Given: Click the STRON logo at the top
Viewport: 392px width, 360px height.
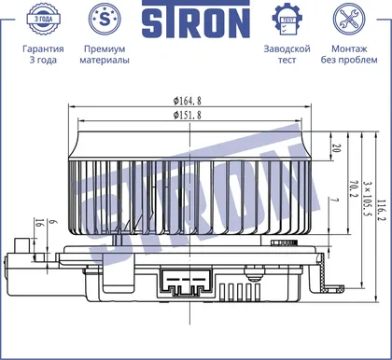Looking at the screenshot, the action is pyautogui.click(x=196, y=20).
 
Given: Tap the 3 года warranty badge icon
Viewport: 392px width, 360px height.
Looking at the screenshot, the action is pyautogui.click(x=43, y=19).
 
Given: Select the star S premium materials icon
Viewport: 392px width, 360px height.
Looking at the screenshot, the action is pyautogui.click(x=105, y=19).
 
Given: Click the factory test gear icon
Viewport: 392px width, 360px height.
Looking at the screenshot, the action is pyautogui.click(x=287, y=19).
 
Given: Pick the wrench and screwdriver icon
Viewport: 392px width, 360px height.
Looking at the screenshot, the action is pyautogui.click(x=349, y=19).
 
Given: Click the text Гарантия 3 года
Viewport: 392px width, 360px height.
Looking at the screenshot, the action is pyautogui.click(x=43, y=54).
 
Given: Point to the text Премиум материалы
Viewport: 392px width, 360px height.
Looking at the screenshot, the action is pyautogui.click(x=105, y=54).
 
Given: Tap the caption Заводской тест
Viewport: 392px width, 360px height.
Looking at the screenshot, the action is pyautogui.click(x=287, y=54).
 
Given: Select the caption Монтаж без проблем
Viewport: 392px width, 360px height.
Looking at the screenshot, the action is pyautogui.click(x=349, y=54).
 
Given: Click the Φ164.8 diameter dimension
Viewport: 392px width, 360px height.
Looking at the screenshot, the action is pyautogui.click(x=188, y=101).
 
